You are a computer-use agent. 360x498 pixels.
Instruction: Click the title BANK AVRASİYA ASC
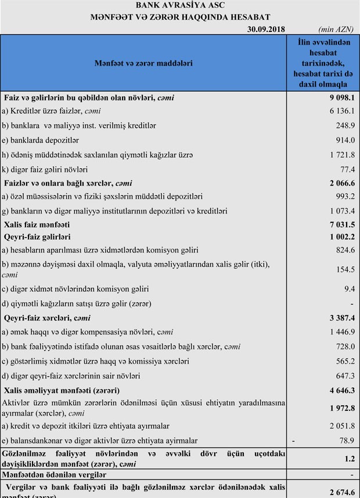(180, 6)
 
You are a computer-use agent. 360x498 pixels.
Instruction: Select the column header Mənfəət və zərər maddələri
(143, 63)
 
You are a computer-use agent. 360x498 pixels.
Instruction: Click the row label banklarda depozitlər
(41, 140)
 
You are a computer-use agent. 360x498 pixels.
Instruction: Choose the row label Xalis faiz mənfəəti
(37, 224)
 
